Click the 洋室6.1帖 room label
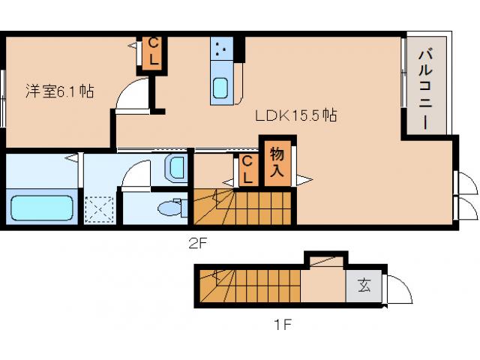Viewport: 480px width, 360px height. [60, 91]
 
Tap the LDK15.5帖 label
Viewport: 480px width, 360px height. [296, 115]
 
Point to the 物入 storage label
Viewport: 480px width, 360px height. [277, 163]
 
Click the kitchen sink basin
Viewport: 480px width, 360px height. [220, 88]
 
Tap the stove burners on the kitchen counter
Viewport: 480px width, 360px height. [221, 48]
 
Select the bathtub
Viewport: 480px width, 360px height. [42, 208]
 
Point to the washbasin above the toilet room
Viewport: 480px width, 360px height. [176, 168]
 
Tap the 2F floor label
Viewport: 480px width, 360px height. [198, 243]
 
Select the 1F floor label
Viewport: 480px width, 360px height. [282, 325]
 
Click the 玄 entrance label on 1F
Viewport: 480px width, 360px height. [364, 286]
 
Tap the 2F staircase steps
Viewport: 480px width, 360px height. [242, 207]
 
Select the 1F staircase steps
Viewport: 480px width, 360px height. [250, 286]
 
